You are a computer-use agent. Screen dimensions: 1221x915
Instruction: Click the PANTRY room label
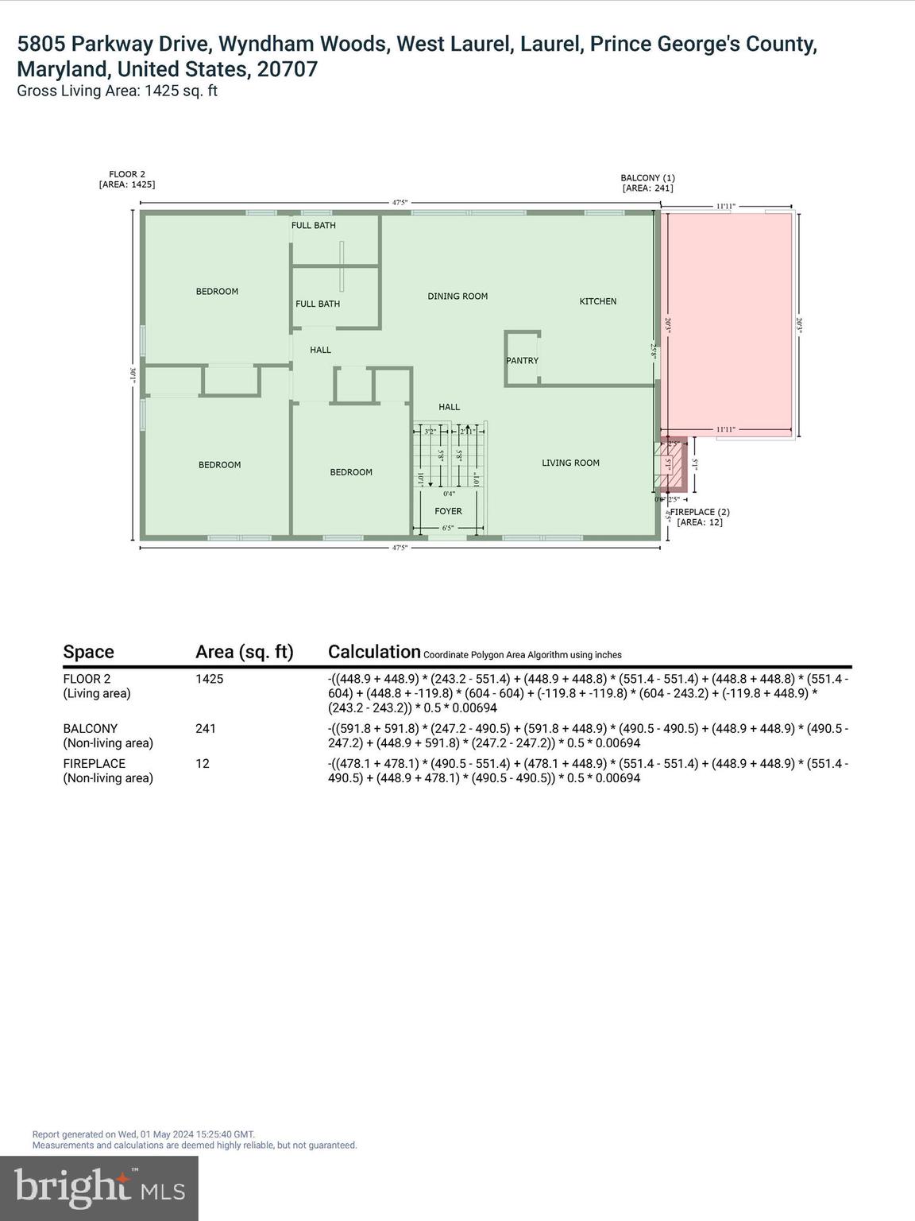[x=522, y=361]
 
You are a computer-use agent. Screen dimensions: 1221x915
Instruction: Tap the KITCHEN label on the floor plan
[x=597, y=301]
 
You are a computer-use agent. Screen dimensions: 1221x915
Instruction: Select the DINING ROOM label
[x=457, y=297]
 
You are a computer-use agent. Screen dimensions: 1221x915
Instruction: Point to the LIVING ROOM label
[x=570, y=463]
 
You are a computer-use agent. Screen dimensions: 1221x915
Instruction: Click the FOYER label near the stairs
[x=448, y=511]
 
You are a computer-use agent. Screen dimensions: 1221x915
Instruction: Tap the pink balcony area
[x=729, y=324]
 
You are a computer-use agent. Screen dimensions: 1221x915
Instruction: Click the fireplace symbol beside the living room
[x=669, y=465]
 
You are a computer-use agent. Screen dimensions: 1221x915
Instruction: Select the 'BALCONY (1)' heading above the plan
[x=647, y=178]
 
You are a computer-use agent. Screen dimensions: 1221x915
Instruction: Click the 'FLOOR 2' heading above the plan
[x=127, y=174]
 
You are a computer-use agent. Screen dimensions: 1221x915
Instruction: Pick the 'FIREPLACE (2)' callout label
[x=700, y=512]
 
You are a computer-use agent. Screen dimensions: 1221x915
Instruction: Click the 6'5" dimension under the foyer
[x=447, y=528]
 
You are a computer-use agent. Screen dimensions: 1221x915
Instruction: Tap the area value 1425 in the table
[x=210, y=680]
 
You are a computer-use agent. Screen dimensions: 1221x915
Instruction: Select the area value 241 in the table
[x=206, y=729]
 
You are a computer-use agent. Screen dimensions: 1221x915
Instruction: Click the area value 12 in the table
[x=203, y=764]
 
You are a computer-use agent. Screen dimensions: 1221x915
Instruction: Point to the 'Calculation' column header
[x=374, y=652]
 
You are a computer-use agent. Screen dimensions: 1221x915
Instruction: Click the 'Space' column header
[x=88, y=652]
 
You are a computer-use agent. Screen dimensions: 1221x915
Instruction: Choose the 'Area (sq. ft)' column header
[x=244, y=652]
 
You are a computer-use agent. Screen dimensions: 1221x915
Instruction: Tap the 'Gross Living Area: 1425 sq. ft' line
[x=117, y=91]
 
